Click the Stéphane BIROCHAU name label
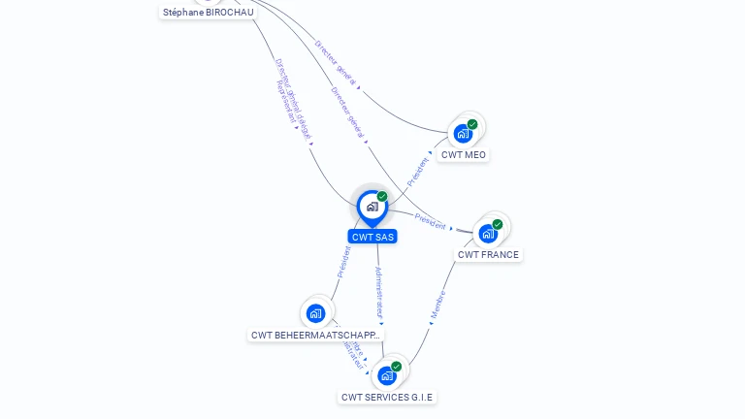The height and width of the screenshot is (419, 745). pyautogui.click(x=208, y=13)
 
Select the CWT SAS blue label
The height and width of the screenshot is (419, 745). pyautogui.click(x=372, y=237)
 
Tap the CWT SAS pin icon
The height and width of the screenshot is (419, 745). pyautogui.click(x=371, y=207)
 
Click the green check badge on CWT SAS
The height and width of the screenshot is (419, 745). pyautogui.click(x=382, y=197)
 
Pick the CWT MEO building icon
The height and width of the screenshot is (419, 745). pyautogui.click(x=463, y=134)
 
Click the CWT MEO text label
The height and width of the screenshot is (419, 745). pyautogui.click(x=463, y=155)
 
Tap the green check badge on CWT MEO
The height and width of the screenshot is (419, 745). pyautogui.click(x=472, y=124)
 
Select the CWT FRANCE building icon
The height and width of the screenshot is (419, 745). pyautogui.click(x=487, y=234)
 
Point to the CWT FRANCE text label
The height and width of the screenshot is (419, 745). pyautogui.click(x=488, y=255)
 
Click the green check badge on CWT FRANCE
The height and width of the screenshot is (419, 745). pyautogui.click(x=498, y=224)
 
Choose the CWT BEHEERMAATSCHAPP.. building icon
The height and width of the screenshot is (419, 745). pyautogui.click(x=315, y=313)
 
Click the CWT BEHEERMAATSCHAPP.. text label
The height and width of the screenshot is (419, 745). pyautogui.click(x=315, y=336)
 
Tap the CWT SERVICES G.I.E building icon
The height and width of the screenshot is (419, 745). pyautogui.click(x=387, y=375)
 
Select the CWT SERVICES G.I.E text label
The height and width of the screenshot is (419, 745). pyautogui.click(x=387, y=398)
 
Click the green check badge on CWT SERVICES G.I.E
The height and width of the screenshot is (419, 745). pyautogui.click(x=397, y=367)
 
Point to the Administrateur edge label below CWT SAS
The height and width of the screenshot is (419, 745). pyautogui.click(x=379, y=292)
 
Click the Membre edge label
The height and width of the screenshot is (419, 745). pyautogui.click(x=437, y=305)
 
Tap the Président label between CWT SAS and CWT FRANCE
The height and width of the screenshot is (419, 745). pyautogui.click(x=430, y=219)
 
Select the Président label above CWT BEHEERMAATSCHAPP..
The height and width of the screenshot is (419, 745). pyautogui.click(x=343, y=262)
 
